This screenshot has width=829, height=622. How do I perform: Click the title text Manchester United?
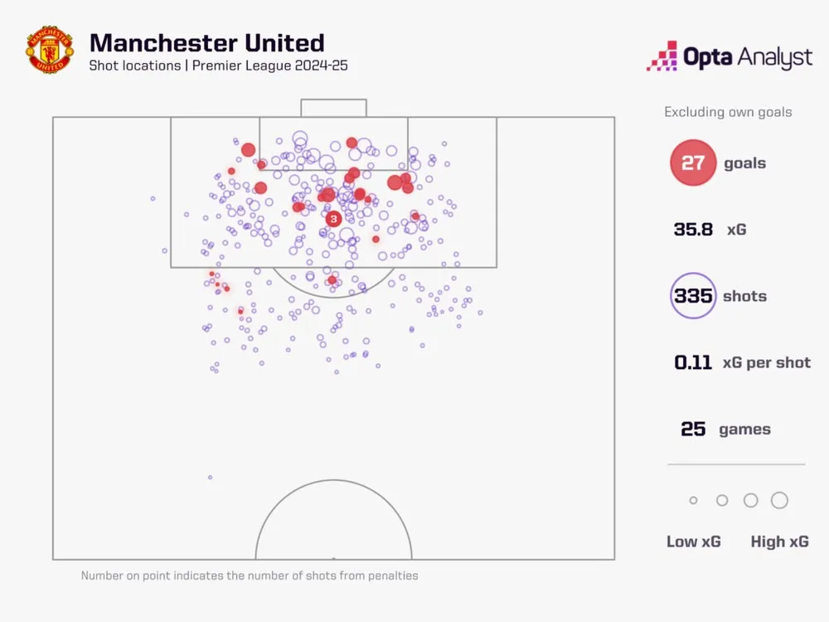coord(206,43)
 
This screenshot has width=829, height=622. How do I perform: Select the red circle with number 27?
coord(692,163)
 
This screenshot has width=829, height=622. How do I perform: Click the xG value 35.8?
coord(693,230)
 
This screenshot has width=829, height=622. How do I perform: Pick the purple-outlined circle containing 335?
coord(693,296)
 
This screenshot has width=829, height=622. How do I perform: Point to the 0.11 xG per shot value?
coord(693,362)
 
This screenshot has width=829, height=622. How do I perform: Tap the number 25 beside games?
coord(693,429)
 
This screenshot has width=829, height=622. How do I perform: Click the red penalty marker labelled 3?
coord(333,219)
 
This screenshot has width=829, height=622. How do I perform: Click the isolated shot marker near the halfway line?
coord(210,477)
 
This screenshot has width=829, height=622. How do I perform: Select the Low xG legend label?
coord(694,542)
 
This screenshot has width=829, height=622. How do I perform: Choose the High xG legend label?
coord(779,542)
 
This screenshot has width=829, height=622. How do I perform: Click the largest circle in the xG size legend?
coord(779,500)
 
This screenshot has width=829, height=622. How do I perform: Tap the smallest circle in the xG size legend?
coord(693,501)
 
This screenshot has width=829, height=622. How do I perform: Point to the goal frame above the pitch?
coord(333,108)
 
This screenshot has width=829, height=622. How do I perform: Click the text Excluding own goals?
coord(728,112)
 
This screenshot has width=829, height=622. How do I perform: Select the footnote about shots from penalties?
coord(250,576)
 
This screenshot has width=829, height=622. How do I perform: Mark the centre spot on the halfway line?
coord(333,559)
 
